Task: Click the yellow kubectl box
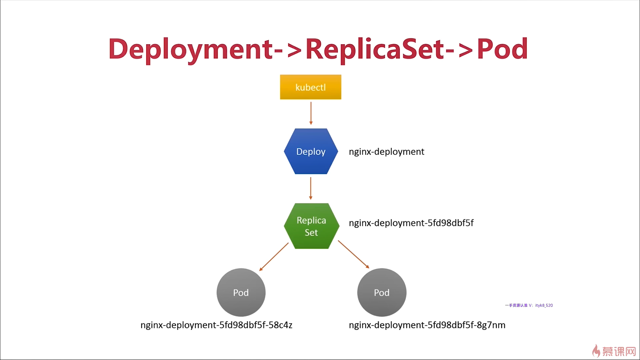tap(310, 87)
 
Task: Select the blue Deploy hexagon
tap(311, 151)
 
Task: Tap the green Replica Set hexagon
tap(311, 226)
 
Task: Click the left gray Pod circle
tap(241, 292)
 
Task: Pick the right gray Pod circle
tap(382, 292)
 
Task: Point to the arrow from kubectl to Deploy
tap(311, 113)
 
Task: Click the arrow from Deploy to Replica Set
tap(311, 188)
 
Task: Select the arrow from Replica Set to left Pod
tap(274, 257)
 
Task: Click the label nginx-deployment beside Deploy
tap(386, 152)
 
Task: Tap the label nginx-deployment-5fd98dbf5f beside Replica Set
tap(411, 223)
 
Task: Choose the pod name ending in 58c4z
tap(216, 325)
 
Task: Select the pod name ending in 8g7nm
tap(427, 325)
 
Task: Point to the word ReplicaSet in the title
tap(375, 49)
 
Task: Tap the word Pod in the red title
tap(502, 49)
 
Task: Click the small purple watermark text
tap(529, 305)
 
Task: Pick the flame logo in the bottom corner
tap(596, 351)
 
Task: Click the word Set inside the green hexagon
tap(311, 232)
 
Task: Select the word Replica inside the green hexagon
tap(311, 220)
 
